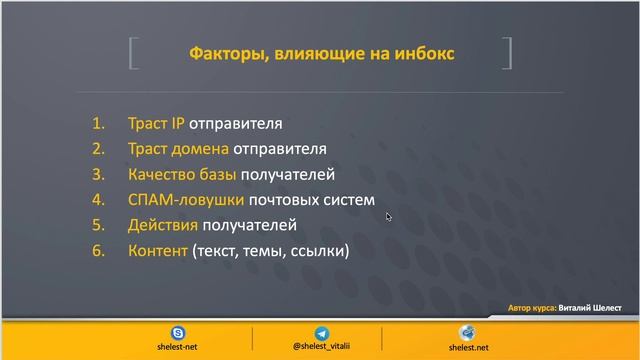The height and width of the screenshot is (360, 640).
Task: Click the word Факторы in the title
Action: (224, 53)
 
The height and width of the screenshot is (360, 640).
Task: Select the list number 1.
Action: (98, 125)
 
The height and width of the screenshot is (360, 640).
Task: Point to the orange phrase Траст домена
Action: (178, 150)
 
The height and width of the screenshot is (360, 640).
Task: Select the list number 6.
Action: (98, 251)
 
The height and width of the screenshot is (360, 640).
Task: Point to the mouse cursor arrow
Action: (388, 215)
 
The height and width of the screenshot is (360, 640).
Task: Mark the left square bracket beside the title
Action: (133, 53)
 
